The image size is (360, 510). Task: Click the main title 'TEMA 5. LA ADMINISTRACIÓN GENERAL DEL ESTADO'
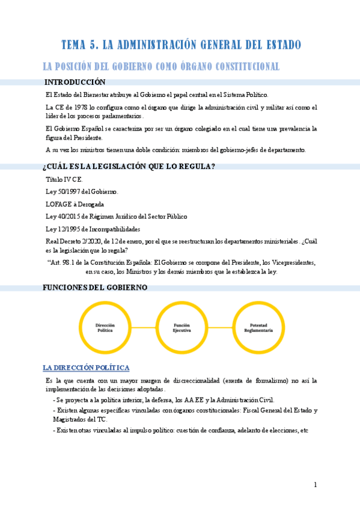(x=180, y=45)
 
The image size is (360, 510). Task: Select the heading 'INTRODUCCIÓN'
(x=75, y=82)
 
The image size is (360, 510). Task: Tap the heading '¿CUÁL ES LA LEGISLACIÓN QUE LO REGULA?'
(x=129, y=167)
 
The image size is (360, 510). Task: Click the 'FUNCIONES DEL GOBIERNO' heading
(x=95, y=287)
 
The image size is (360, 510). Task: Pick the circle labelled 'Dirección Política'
(x=105, y=327)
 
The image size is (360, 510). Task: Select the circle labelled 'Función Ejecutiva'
(x=182, y=327)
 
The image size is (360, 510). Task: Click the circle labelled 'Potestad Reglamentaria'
(x=258, y=327)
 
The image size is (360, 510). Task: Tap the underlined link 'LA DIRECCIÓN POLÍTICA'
(x=86, y=367)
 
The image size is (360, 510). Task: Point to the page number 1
(x=315, y=485)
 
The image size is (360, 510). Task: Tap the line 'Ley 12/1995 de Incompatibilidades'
(x=93, y=229)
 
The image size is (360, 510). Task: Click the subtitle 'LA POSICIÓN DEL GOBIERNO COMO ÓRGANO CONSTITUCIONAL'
(x=160, y=66)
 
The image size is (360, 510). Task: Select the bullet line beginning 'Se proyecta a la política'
(x=165, y=400)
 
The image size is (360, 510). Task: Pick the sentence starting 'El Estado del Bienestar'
(x=157, y=95)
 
